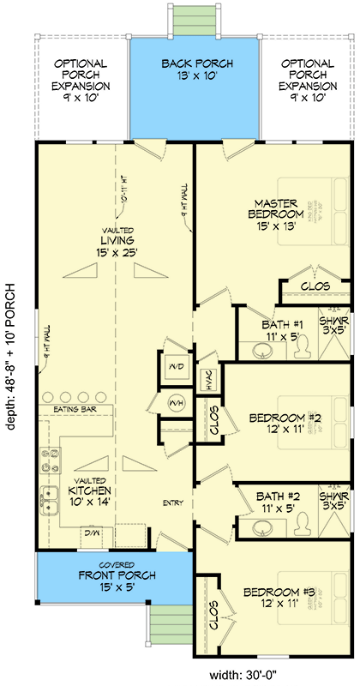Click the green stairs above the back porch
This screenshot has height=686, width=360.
click(195, 17)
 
